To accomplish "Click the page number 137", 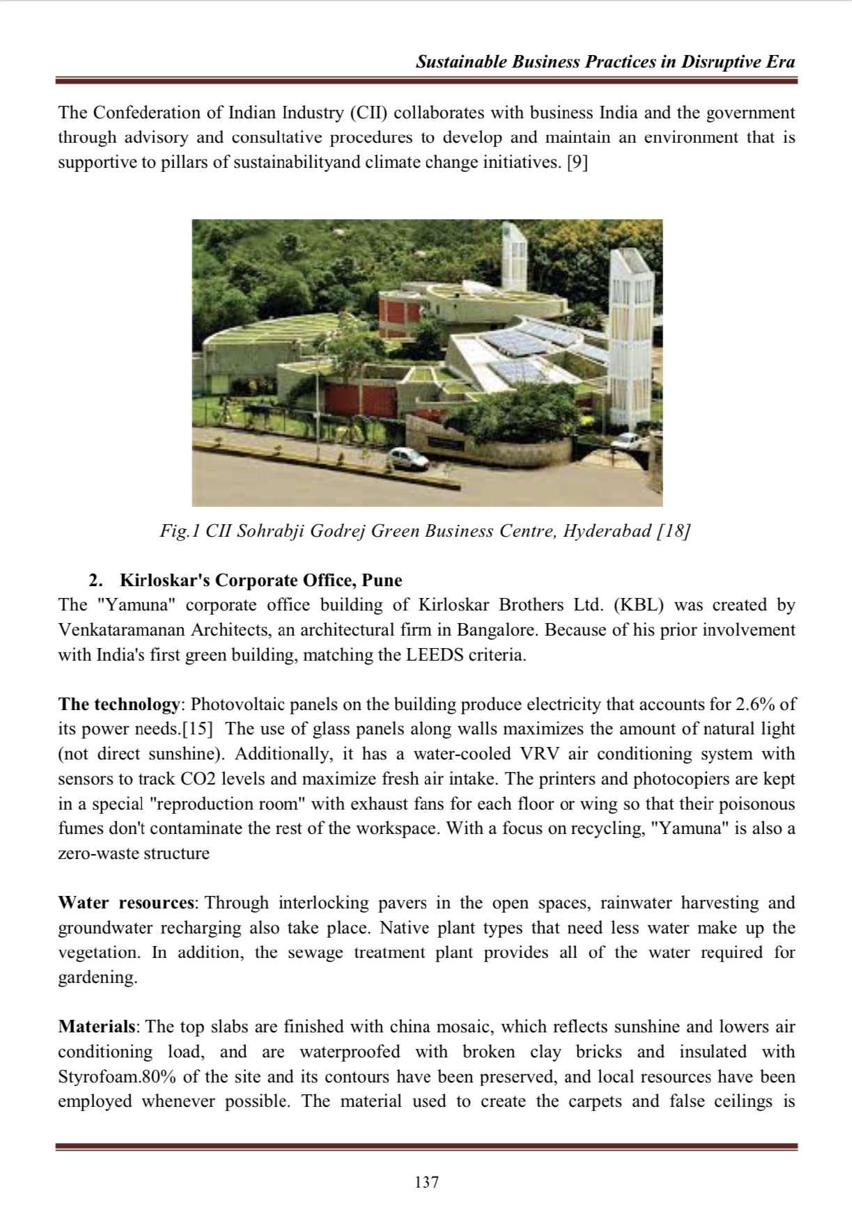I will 426,1181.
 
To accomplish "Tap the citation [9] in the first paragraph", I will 577,162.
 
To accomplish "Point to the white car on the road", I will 408,457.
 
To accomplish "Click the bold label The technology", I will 118,704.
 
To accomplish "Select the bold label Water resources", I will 126,903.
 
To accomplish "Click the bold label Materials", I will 98,1027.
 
